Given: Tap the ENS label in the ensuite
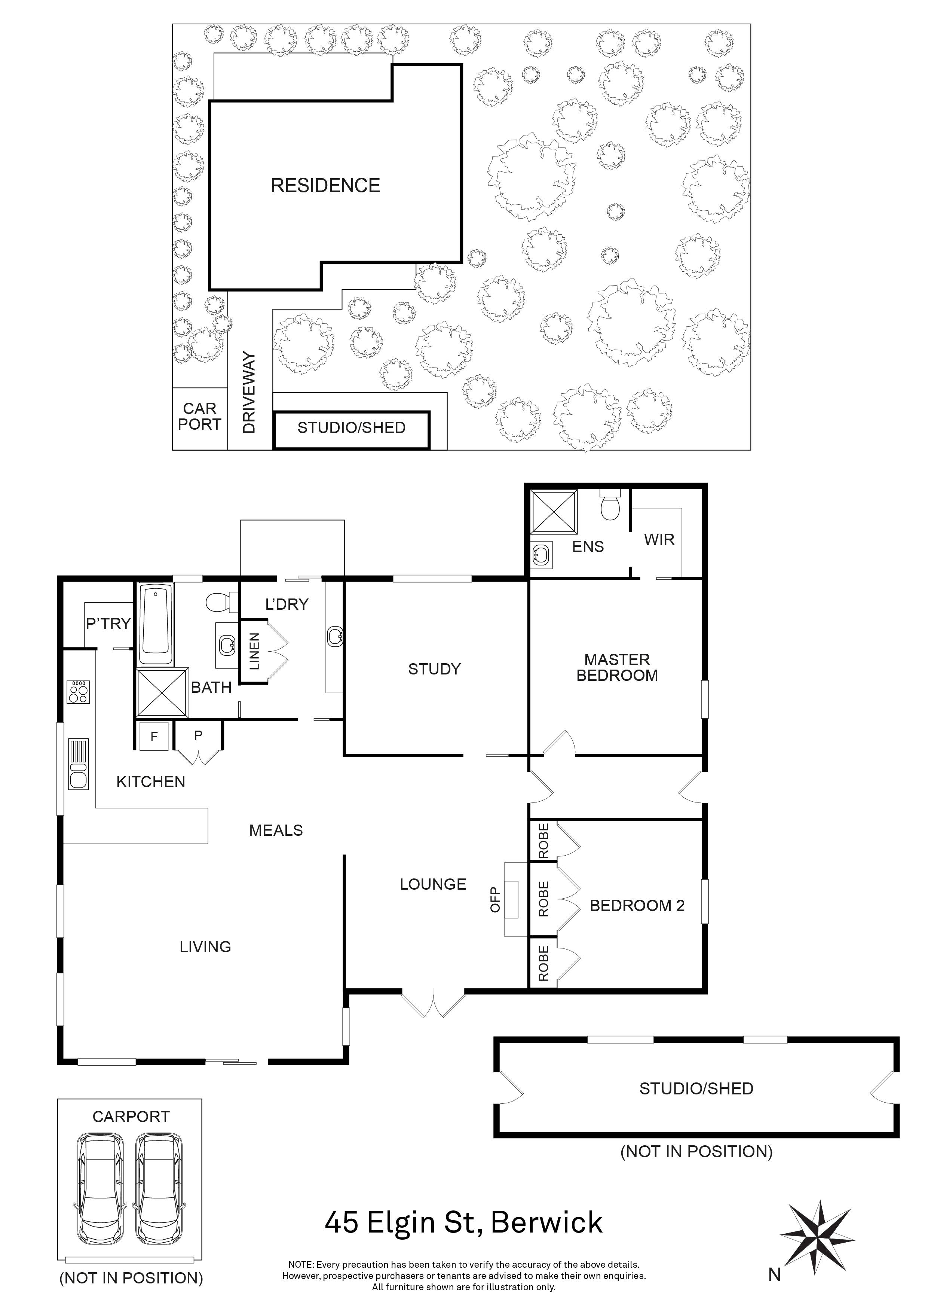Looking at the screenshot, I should pos(588,547).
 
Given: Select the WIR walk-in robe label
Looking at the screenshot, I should pos(659,539).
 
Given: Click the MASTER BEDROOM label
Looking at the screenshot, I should pos(617,667).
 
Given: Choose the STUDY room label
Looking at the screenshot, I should pos(434,668).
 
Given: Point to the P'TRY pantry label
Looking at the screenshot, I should pos(108,623).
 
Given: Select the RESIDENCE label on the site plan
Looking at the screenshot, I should pos(325,185).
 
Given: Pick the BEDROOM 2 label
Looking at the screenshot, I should pos(637,905).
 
